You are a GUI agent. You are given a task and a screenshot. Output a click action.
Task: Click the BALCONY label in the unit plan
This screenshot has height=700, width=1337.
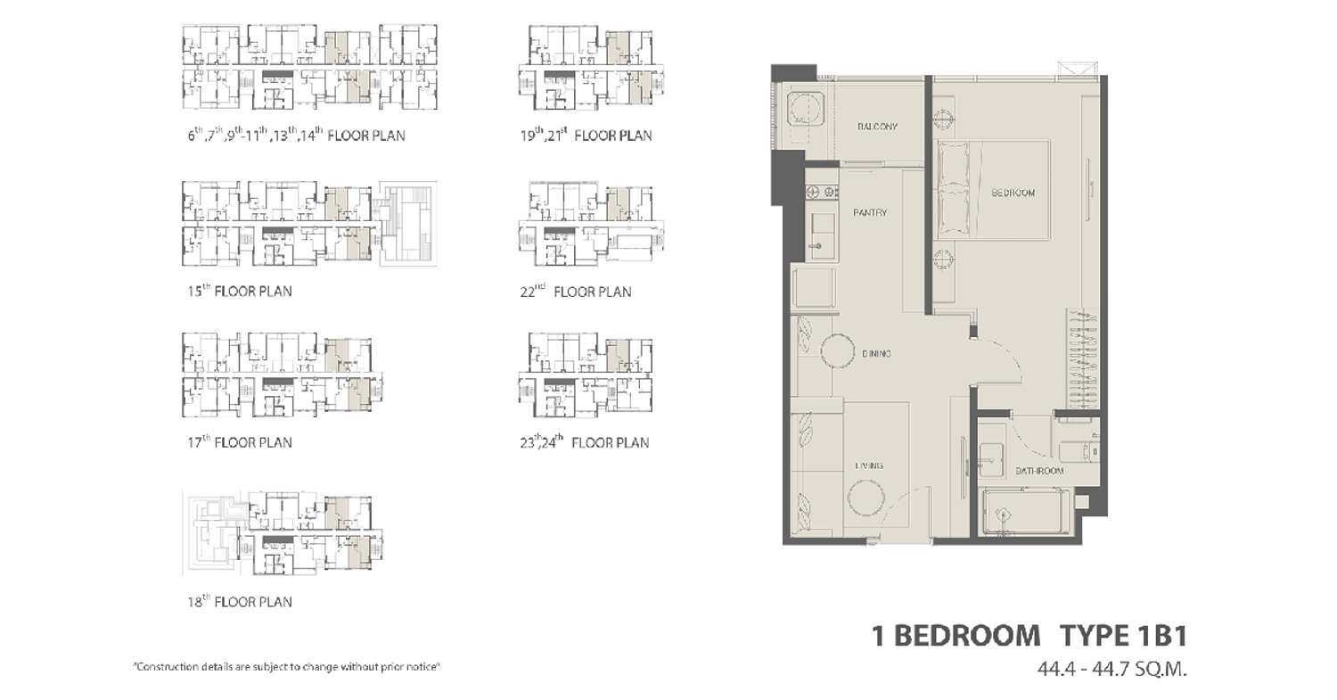click(x=877, y=127)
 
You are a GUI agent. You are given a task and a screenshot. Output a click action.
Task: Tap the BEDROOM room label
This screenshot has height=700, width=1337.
click(x=1013, y=193)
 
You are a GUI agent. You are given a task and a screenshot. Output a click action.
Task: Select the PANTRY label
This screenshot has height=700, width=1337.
click(x=870, y=212)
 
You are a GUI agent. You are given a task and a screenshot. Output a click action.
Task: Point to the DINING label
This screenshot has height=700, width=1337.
click(x=876, y=354)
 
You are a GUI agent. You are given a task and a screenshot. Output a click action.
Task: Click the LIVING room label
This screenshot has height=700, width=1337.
click(x=868, y=465)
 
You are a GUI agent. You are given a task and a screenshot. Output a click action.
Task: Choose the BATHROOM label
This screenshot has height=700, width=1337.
click(x=1039, y=471)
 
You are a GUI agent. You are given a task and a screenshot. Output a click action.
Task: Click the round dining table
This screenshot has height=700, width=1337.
click(x=838, y=350)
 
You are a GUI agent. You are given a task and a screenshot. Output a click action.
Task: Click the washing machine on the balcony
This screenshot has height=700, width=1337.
click(x=806, y=110)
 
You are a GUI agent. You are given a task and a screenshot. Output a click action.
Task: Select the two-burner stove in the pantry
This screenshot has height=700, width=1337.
click(x=822, y=192)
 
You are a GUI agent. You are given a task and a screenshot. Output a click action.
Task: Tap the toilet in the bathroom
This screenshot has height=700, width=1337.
click(x=1079, y=451)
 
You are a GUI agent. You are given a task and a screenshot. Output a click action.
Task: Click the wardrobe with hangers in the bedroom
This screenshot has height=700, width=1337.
click(x=1083, y=359)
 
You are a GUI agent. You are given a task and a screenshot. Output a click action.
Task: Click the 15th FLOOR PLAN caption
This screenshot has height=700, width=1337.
click(x=240, y=291)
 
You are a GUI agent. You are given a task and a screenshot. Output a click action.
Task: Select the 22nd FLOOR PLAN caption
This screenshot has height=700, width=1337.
click(x=576, y=291)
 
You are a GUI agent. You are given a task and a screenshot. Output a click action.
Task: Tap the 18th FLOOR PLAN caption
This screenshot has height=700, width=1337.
click(x=240, y=601)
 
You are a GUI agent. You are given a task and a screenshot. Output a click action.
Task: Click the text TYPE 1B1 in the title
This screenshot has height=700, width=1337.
click(x=1123, y=636)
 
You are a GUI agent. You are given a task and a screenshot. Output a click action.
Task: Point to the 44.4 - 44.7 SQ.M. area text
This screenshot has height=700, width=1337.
click(x=1112, y=669)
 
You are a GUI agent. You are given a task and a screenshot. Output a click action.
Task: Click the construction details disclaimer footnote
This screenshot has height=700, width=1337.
click(x=286, y=666)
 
